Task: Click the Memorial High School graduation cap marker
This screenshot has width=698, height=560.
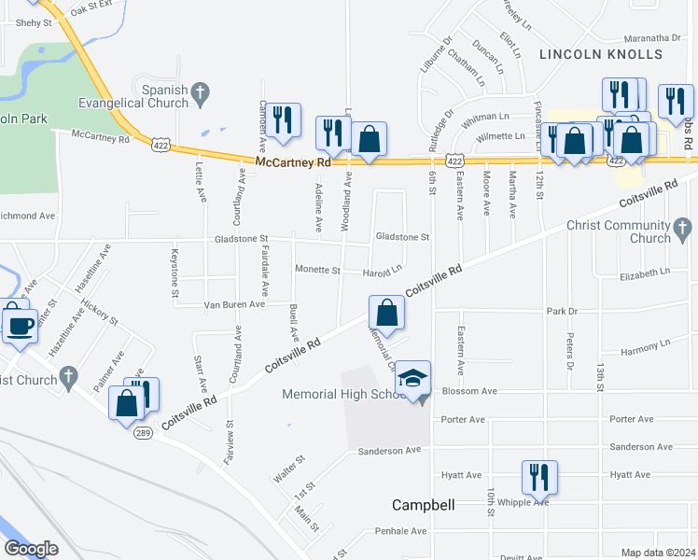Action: pyautogui.click(x=413, y=378)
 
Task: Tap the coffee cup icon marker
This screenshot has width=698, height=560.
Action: pyautogui.click(x=20, y=325)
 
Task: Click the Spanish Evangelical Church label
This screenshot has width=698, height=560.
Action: pyautogui.click(x=147, y=96)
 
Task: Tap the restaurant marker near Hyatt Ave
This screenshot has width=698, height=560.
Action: pyautogui.click(x=539, y=477)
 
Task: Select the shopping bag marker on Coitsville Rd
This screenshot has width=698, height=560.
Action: pyautogui.click(x=386, y=313)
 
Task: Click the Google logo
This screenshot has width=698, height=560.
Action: pyautogui.click(x=31, y=549)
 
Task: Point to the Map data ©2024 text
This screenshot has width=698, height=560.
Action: pyautogui.click(x=658, y=553)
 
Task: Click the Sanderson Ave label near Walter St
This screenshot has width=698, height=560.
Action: pyautogui.click(x=390, y=451)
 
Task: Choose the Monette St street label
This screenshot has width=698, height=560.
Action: pyautogui.click(x=317, y=270)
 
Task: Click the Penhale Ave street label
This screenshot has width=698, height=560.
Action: pyautogui.click(x=400, y=531)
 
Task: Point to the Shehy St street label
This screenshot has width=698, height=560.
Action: pyautogui.click(x=33, y=22)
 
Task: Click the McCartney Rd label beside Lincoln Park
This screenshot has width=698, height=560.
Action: pyautogui.click(x=101, y=137)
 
